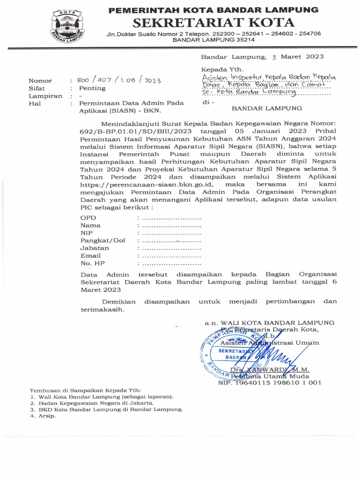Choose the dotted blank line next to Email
pos(171,256)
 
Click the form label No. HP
pos(91,263)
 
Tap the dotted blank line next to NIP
pos(171,233)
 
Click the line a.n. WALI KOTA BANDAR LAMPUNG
pos(269,322)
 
